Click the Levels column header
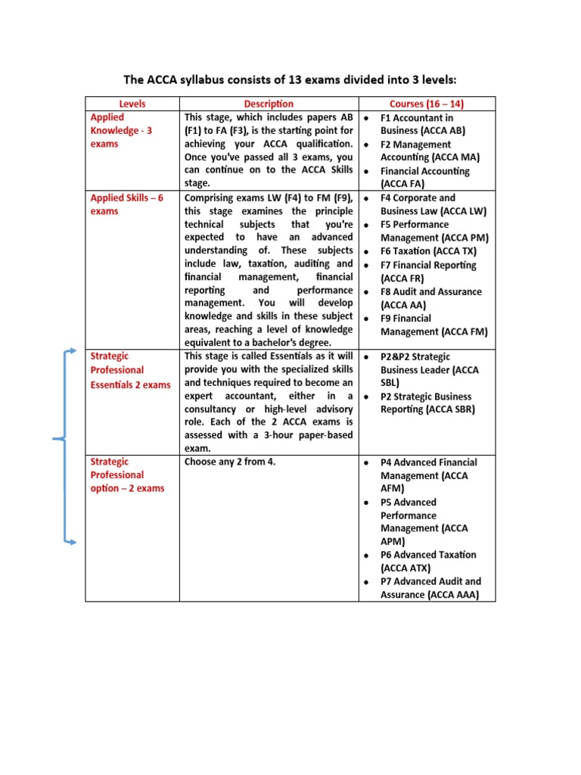[x=132, y=104]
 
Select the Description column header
[x=269, y=104]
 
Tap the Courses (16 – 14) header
[x=427, y=104]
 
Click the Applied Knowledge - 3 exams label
[x=121, y=130]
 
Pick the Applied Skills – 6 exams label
[x=126, y=204]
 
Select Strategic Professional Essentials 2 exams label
[x=130, y=370]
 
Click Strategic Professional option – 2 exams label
[x=127, y=475]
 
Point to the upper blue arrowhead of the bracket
[x=73, y=351]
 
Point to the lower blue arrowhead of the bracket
[x=73, y=542]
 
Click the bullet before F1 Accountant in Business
[x=366, y=119]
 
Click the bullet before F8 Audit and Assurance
[x=366, y=292]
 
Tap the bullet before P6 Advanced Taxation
[x=366, y=556]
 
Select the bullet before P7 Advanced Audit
[x=366, y=582]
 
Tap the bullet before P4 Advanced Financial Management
[x=366, y=462]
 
